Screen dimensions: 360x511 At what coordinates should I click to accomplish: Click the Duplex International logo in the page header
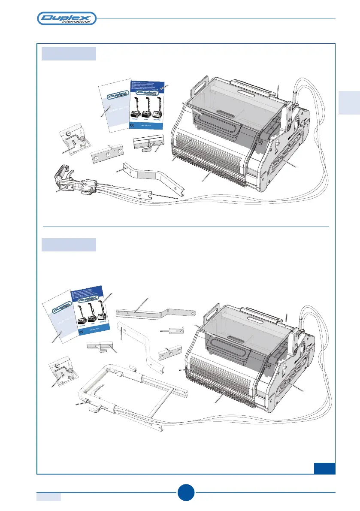(x=67, y=18)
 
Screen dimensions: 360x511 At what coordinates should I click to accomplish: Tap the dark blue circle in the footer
(x=186, y=493)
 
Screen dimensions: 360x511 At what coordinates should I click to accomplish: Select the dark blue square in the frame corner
(x=324, y=468)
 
